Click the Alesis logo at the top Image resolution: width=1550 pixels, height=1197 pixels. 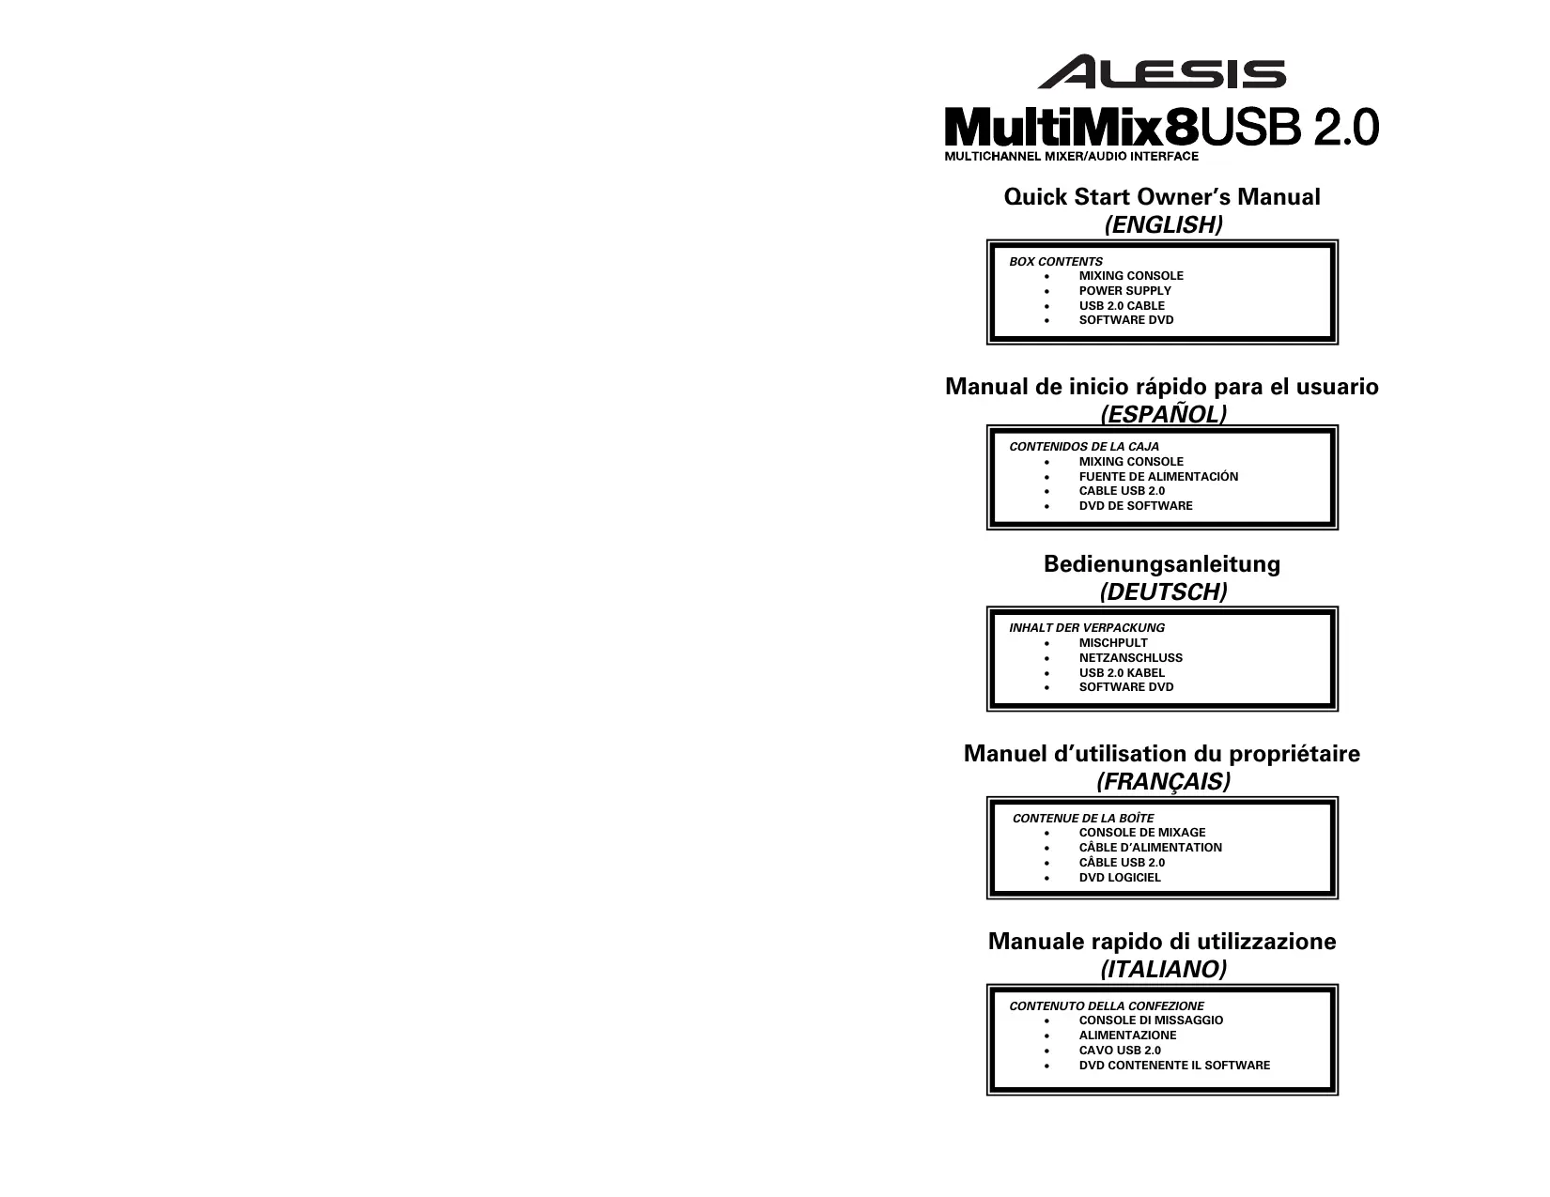(x=1161, y=72)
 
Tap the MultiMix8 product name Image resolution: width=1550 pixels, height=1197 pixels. (x=1071, y=127)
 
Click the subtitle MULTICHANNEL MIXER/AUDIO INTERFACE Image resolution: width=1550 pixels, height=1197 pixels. (x=1071, y=157)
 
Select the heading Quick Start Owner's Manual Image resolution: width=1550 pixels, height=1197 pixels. (x=1162, y=197)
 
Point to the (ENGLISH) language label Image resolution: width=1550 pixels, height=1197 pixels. (x=1163, y=225)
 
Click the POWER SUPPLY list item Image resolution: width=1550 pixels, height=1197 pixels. (x=1124, y=291)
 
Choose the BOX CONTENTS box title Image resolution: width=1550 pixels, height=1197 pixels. (x=1056, y=262)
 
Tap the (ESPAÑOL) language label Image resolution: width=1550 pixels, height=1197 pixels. (x=1163, y=414)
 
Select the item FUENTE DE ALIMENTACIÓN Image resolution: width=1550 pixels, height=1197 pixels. (x=1158, y=477)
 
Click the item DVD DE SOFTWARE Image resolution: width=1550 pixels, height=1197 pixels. (x=1136, y=506)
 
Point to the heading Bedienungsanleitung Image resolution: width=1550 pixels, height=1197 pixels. (x=1162, y=564)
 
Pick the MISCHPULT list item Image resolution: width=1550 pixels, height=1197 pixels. (x=1113, y=643)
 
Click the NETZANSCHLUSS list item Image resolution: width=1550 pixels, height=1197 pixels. (x=1130, y=658)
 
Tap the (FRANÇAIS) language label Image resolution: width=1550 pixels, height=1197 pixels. (x=1163, y=782)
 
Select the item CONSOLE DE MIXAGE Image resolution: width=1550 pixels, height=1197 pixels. (x=1141, y=833)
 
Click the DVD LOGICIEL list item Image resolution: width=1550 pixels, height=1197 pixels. (x=1120, y=878)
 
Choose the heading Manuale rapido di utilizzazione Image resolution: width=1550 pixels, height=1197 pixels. (x=1162, y=942)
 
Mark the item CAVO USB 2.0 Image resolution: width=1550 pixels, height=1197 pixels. (x=1120, y=1051)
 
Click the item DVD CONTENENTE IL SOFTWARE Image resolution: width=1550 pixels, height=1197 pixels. (x=1174, y=1066)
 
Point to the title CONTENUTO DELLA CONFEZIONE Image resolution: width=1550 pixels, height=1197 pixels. (x=1107, y=1006)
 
